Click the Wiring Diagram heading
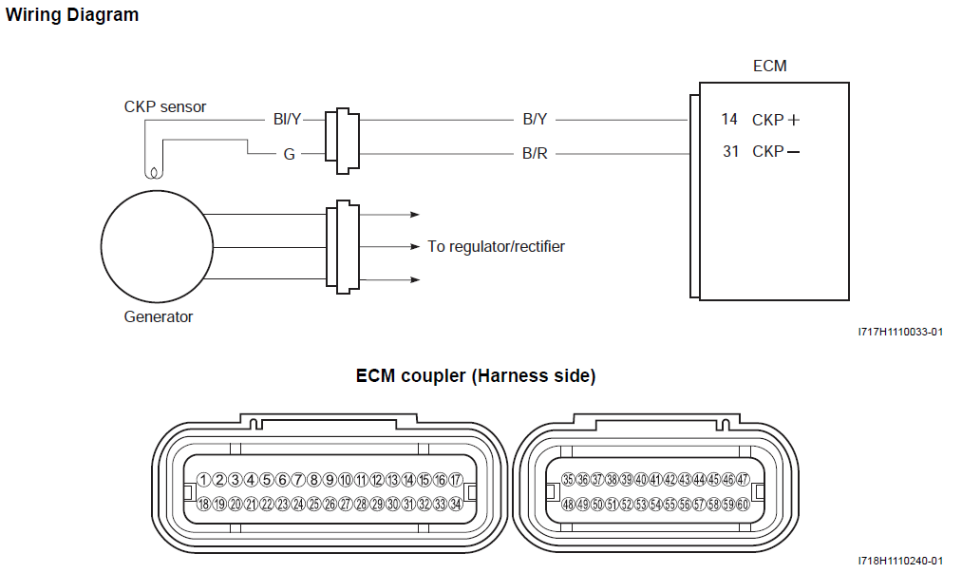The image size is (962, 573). [x=72, y=15]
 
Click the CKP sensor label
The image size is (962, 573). [x=164, y=106]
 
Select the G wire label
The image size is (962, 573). [x=289, y=153]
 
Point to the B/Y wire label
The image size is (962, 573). [x=535, y=120]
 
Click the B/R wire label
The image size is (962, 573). [x=535, y=153]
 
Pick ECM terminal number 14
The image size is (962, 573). [x=729, y=120]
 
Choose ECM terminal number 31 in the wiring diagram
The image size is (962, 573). [x=729, y=151]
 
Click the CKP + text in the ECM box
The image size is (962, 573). [x=775, y=121]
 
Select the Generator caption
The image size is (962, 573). [x=159, y=316]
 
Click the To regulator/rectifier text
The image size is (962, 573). [x=496, y=247]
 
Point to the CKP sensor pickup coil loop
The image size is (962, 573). [x=151, y=172]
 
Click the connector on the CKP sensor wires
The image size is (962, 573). [x=342, y=141]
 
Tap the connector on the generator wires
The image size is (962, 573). [x=342, y=246]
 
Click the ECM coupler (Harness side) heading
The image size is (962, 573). [x=476, y=376]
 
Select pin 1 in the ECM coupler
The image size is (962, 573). [x=203, y=480]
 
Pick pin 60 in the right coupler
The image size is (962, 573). [x=743, y=505]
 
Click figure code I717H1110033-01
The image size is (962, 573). [x=899, y=332]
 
